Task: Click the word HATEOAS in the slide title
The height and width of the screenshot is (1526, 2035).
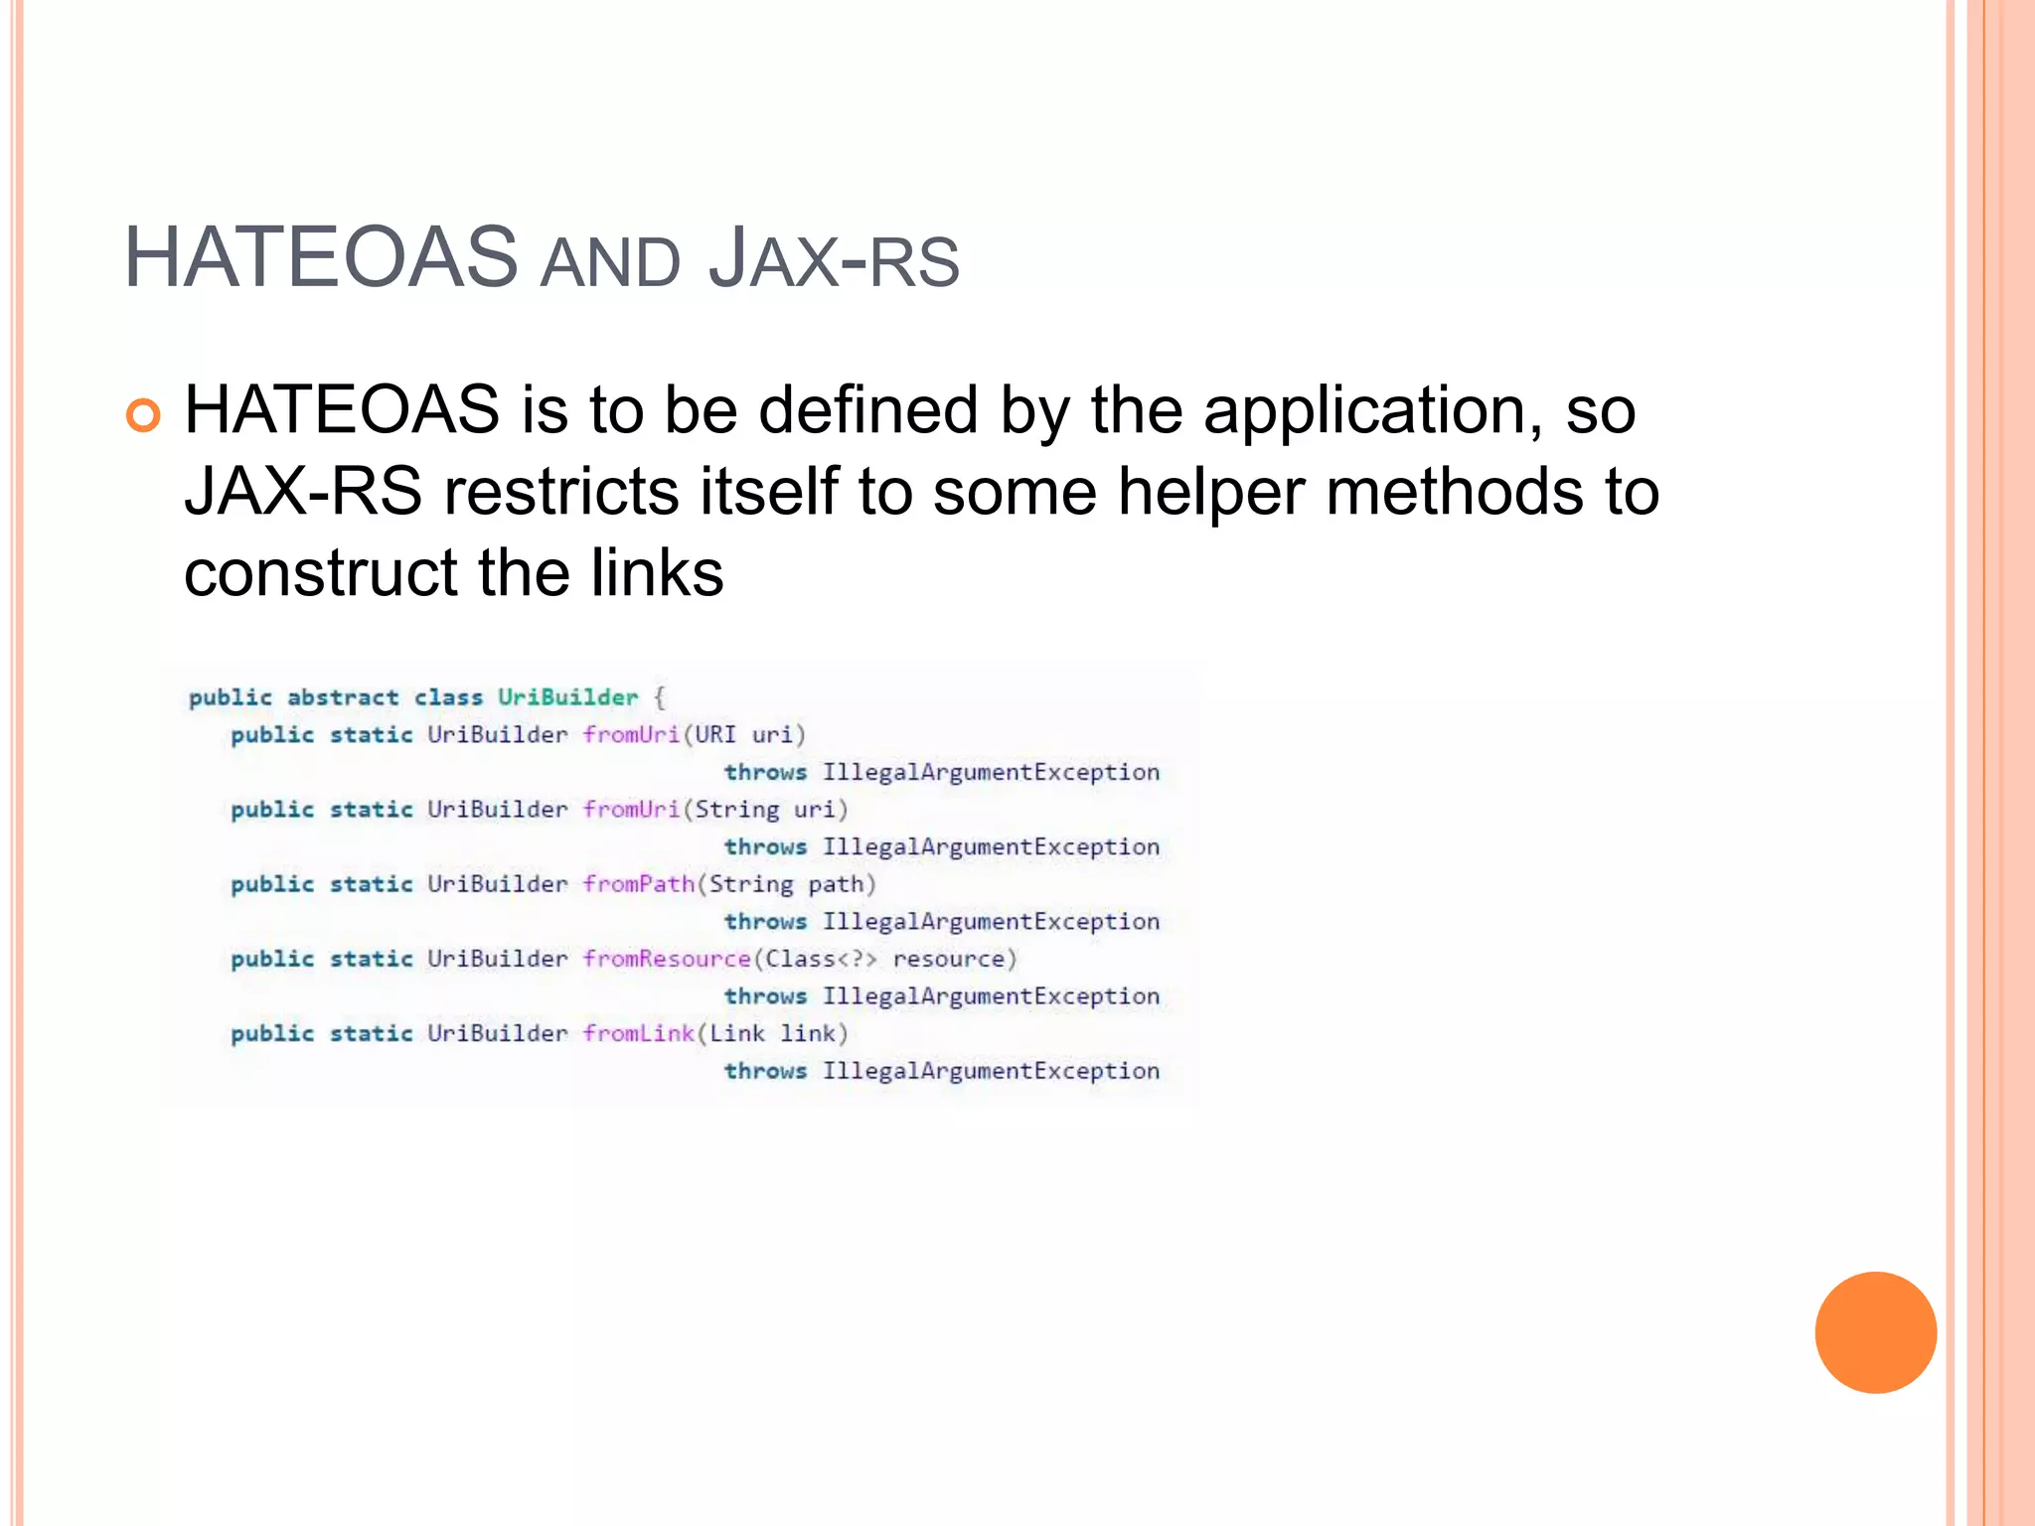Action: tap(320, 258)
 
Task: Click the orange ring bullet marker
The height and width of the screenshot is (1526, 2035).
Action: tap(143, 415)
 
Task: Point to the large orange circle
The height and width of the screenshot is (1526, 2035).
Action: tap(1875, 1332)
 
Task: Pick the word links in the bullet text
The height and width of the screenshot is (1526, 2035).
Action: tap(657, 573)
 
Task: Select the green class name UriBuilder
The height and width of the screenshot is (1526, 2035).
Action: tap(567, 697)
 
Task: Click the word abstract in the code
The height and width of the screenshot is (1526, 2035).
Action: tap(343, 697)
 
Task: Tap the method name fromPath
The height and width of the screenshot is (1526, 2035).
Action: tap(639, 884)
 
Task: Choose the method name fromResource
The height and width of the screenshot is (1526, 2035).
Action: tap(667, 959)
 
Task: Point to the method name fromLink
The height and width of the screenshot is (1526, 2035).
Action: tap(639, 1033)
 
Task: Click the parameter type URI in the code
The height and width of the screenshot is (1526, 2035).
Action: tap(715, 735)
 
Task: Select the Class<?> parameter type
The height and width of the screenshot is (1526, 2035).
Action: tap(821, 959)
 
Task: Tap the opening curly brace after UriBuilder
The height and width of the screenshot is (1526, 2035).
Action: tap(660, 697)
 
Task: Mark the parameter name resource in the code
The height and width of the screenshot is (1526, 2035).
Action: tap(949, 960)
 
